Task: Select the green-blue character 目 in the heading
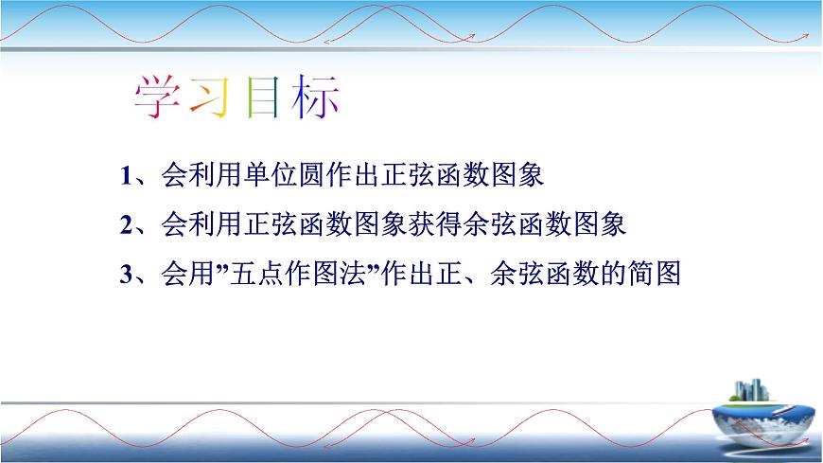261,97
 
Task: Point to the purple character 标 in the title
314,97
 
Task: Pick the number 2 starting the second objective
126,226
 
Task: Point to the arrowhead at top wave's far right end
806,32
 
